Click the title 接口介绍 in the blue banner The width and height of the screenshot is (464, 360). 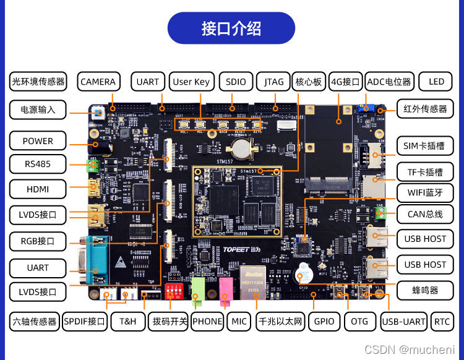click(231, 28)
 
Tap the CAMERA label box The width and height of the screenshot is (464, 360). click(98, 82)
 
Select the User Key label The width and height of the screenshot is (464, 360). click(191, 82)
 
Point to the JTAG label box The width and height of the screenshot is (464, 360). click(274, 82)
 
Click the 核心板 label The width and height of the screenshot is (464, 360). click(309, 82)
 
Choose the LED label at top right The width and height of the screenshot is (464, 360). click(436, 82)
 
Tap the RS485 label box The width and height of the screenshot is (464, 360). click(38, 165)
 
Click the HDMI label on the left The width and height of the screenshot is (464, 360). click(38, 189)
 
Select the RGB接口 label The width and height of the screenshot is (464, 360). click(38, 241)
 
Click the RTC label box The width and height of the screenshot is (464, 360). click(442, 321)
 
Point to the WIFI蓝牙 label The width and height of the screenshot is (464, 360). click(425, 192)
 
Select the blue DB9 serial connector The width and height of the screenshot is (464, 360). click(92, 256)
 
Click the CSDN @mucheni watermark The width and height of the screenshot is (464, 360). click(409, 350)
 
